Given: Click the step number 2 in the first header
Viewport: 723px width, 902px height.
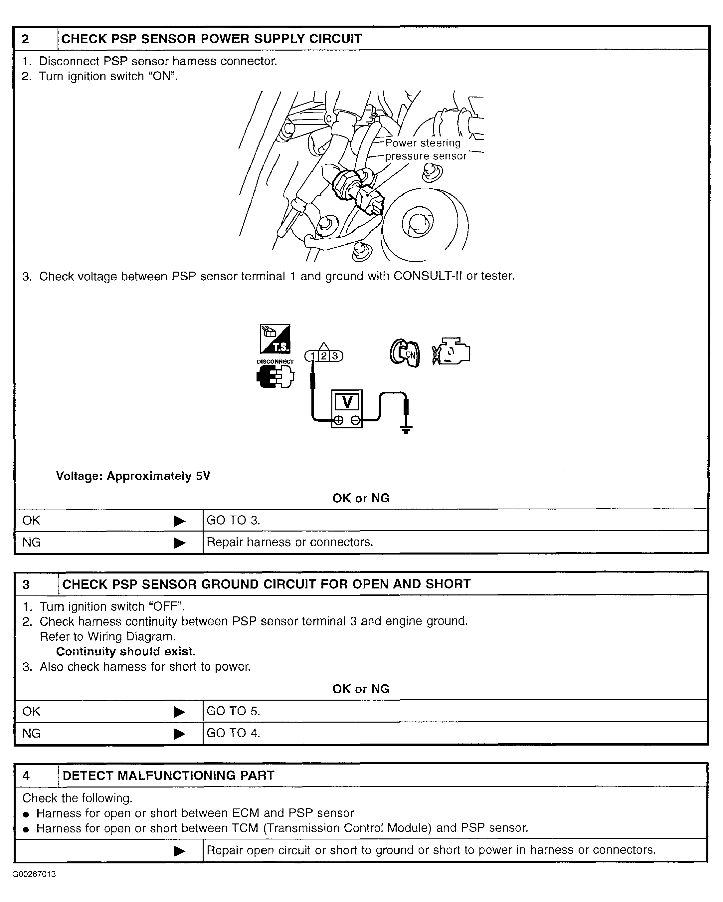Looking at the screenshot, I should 26,39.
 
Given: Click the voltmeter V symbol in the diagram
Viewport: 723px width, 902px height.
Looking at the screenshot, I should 347,402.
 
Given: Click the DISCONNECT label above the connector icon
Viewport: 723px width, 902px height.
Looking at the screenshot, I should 275,361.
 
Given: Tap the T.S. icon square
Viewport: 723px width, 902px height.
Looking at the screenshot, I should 275,339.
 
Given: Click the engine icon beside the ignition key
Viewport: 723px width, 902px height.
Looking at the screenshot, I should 451,351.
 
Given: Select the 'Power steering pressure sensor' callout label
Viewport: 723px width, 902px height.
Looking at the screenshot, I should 425,149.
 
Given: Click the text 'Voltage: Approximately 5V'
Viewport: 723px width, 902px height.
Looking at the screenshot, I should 133,476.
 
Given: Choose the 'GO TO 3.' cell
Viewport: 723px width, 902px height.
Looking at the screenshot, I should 233,521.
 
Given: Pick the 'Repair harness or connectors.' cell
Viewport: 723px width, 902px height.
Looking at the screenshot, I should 290,542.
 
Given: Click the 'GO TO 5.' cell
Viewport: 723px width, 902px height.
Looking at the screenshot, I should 233,711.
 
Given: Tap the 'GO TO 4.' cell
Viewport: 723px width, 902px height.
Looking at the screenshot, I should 233,733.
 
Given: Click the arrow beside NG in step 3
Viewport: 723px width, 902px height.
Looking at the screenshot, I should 179,733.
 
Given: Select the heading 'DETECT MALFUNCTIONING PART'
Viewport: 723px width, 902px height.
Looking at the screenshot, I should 168,775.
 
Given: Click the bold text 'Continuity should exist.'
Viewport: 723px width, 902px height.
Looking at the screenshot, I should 125,651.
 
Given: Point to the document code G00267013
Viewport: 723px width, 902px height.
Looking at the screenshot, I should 34,874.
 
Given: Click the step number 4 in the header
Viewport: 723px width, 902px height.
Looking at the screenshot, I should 26,776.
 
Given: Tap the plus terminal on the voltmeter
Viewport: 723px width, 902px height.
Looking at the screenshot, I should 339,420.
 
